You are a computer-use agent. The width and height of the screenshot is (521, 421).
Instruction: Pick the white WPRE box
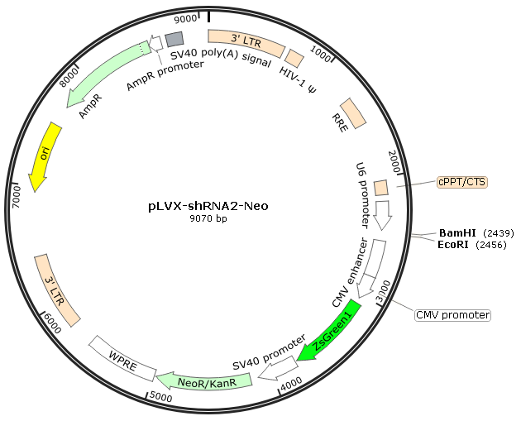pyautogui.click(x=123, y=358)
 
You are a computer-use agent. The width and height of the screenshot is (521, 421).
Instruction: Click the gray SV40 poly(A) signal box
pyautogui.click(x=174, y=39)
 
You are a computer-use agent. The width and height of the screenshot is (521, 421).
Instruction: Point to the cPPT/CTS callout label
pyautogui.click(x=462, y=182)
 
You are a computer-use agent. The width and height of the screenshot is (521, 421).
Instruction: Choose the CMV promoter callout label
pyautogui.click(x=453, y=315)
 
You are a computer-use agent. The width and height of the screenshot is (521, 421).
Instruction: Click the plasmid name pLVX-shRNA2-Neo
pyautogui.click(x=208, y=206)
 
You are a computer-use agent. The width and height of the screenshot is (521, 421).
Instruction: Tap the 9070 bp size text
pyautogui.click(x=208, y=218)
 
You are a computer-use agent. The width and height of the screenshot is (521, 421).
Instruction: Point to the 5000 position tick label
pyautogui.click(x=161, y=397)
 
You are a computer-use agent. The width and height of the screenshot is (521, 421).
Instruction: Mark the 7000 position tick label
pyautogui.click(x=16, y=198)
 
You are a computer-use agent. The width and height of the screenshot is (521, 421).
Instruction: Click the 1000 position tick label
pyautogui.click(x=321, y=54)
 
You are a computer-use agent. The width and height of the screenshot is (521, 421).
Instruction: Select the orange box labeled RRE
pyautogui.click(x=353, y=113)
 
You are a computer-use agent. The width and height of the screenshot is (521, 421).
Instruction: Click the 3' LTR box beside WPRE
pyautogui.click(x=57, y=291)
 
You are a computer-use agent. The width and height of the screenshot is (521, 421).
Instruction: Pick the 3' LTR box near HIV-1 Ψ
pyautogui.click(x=246, y=43)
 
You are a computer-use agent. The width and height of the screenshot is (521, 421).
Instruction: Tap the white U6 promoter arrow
pyautogui.click(x=383, y=215)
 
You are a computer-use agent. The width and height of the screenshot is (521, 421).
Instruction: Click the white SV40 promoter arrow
pyautogui.click(x=279, y=368)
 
